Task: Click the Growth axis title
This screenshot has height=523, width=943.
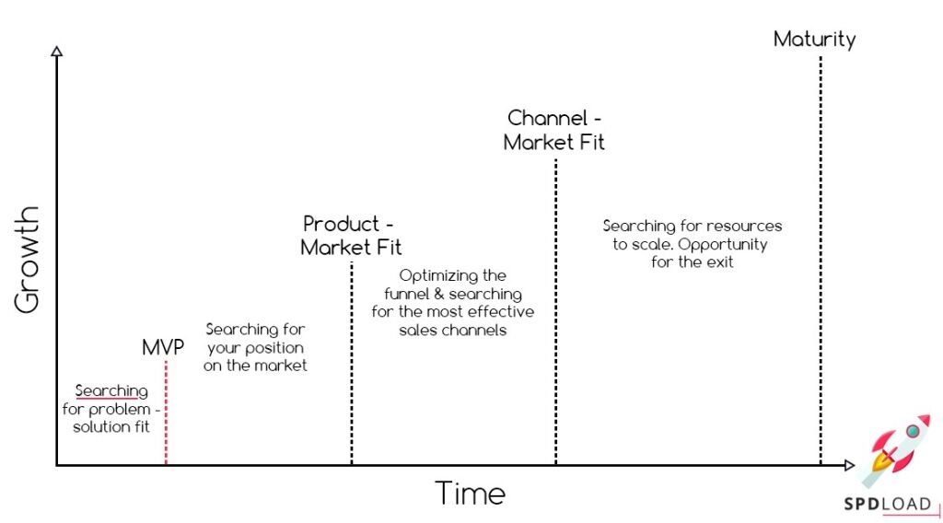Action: point(29,259)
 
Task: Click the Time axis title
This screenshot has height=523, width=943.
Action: point(470,493)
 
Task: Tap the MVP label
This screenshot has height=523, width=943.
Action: point(163,347)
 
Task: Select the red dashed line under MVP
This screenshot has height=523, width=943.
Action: point(166,414)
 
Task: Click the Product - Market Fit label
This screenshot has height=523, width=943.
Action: point(351,236)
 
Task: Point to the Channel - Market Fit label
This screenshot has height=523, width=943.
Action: point(555,130)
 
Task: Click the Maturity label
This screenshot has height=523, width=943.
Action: point(814,40)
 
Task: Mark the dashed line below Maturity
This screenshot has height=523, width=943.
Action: point(820,258)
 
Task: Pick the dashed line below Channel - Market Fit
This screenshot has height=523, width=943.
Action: point(556,313)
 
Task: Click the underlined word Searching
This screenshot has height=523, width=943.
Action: point(111,391)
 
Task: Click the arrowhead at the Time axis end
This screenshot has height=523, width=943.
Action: point(848,465)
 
